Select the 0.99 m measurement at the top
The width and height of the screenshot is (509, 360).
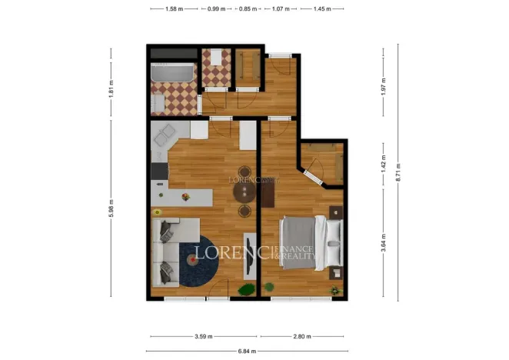click(218, 9)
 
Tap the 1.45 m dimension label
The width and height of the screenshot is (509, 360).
click(314, 9)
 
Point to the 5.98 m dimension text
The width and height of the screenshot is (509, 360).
click(111, 208)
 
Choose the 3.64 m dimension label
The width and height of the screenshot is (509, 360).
click(382, 248)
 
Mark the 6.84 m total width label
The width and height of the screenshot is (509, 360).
click(248, 352)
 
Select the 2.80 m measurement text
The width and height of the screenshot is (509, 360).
click(301, 336)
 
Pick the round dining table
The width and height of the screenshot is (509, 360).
click(245, 192)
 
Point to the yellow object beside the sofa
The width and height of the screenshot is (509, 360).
click(157, 212)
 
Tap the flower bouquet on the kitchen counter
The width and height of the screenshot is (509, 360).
click(185, 197)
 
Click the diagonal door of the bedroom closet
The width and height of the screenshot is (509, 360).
click(314, 174)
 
